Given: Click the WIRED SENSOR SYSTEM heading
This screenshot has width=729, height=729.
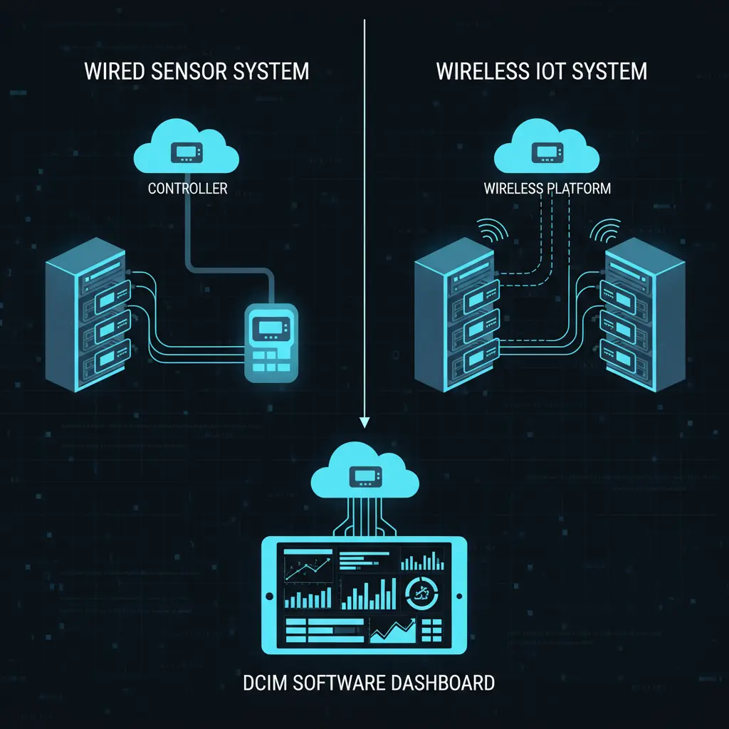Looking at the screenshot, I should click(196, 71).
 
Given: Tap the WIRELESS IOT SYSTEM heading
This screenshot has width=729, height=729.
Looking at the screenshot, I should click(541, 71).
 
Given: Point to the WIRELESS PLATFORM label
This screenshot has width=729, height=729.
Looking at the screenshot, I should click(547, 189).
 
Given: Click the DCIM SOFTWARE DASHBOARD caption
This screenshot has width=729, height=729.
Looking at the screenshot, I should click(368, 683).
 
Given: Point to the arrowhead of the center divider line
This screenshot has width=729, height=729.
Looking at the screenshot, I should click(364, 421).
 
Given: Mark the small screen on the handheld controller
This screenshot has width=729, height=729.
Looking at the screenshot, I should click(270, 327).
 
